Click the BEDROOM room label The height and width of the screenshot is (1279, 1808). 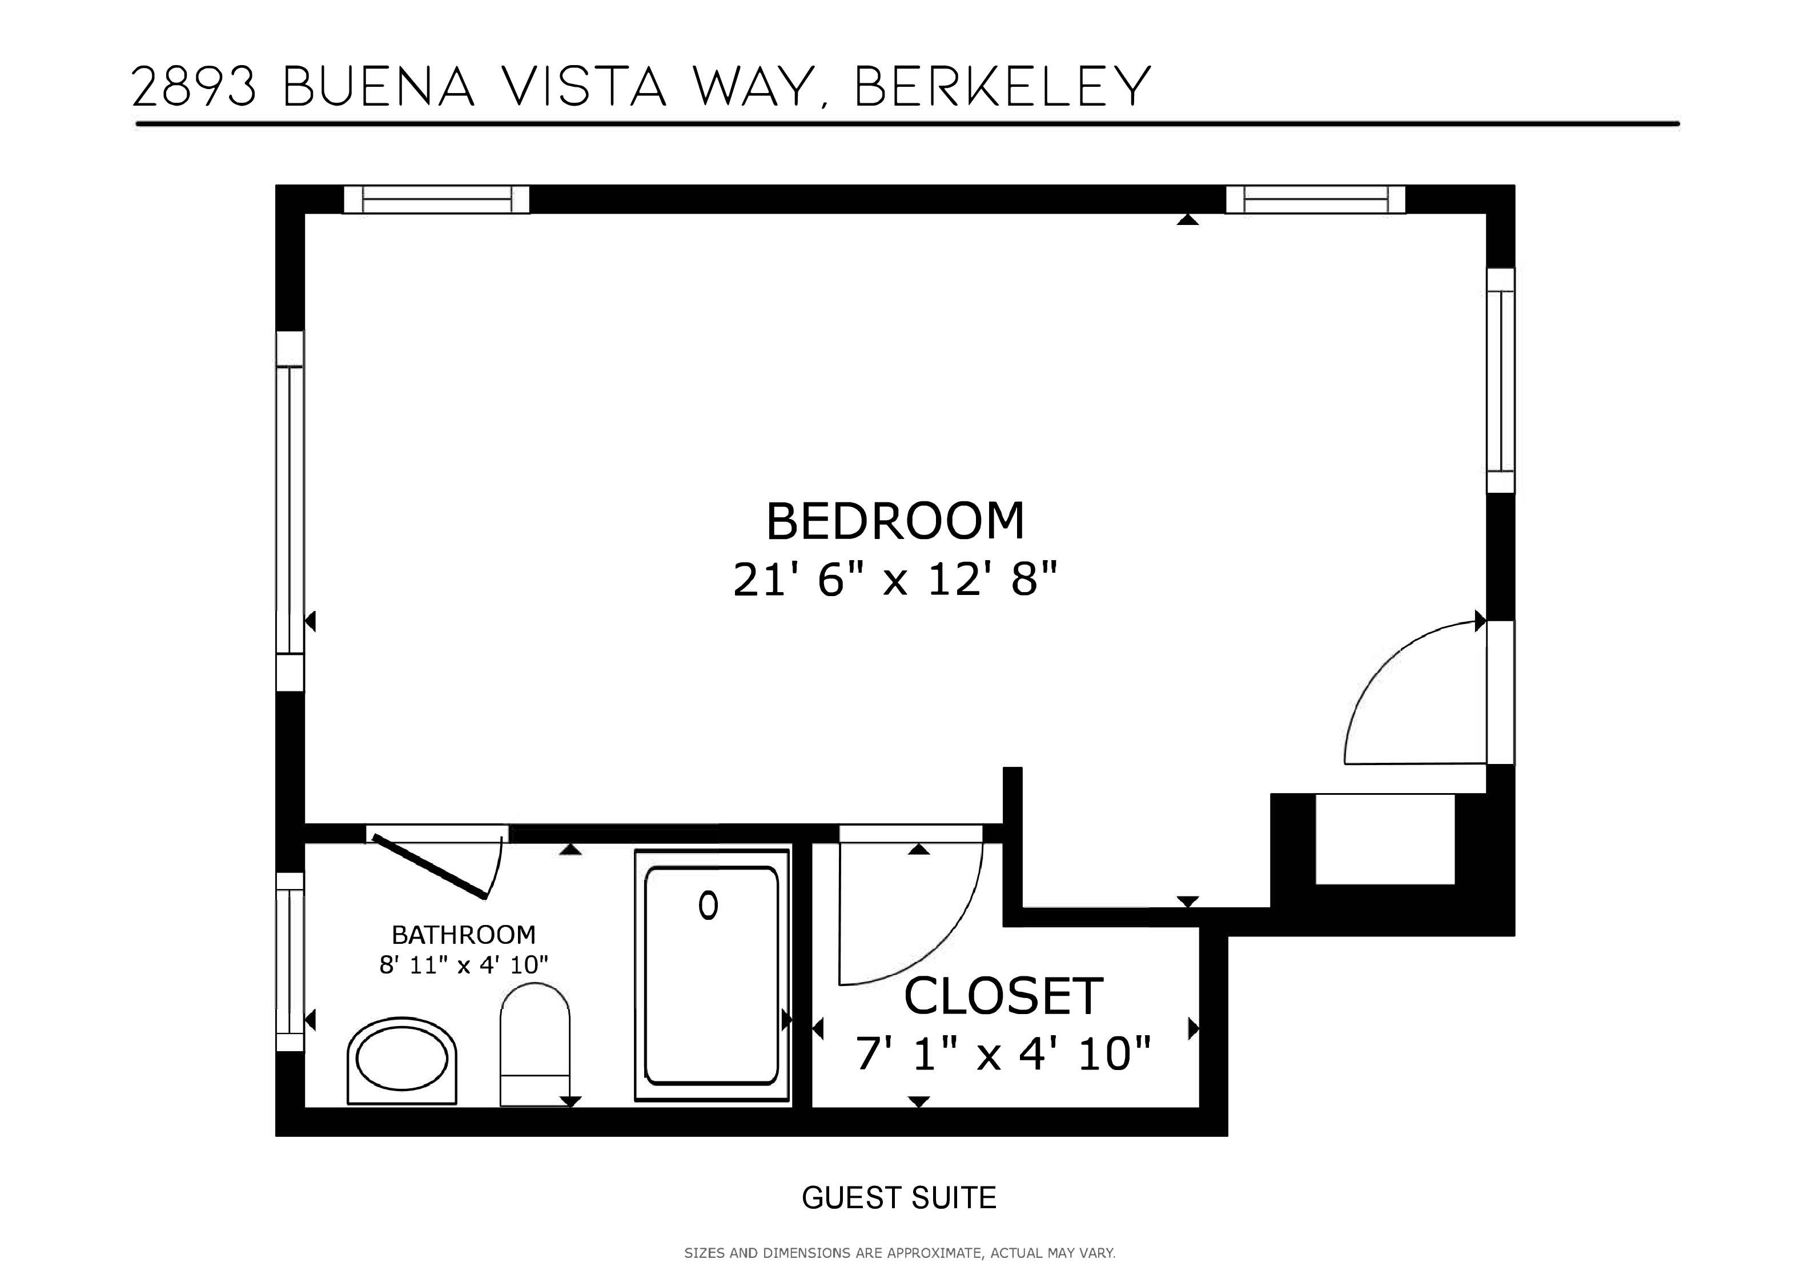pos(895,521)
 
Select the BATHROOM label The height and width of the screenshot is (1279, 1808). pos(463,935)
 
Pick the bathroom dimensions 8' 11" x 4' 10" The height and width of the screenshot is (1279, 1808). pos(463,965)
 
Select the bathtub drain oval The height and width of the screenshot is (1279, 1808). pos(708,906)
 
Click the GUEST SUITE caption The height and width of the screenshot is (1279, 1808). pos(898,1198)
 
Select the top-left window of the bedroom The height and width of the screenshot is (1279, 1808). pos(436,199)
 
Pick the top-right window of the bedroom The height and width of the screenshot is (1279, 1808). pos(1315,199)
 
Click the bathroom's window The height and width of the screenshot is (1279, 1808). pos(290,962)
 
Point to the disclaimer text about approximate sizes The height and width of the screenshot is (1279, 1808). pos(899,1253)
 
